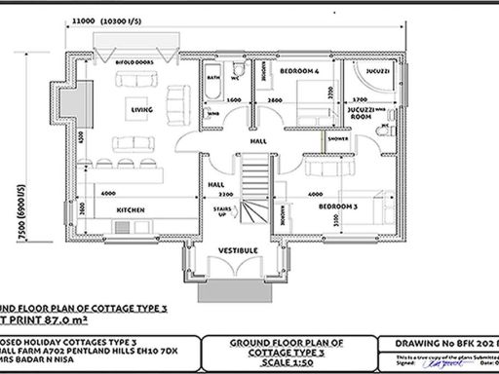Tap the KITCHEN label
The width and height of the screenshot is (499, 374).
point(131,209)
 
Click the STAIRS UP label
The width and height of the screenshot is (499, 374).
point(221,211)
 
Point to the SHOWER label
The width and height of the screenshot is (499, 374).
point(338,137)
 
